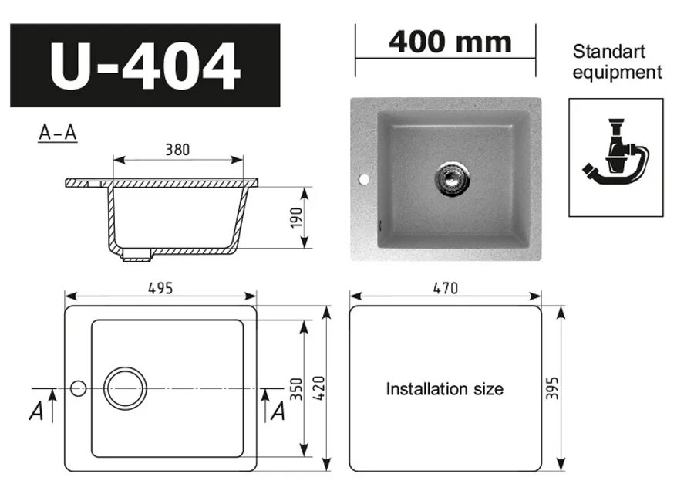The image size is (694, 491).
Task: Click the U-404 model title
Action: pos(145,66)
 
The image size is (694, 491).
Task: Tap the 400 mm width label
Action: pos(450,42)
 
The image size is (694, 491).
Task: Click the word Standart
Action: pos(608,52)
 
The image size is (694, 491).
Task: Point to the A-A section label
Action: pos(58,133)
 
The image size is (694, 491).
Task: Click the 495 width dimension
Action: pos(160,287)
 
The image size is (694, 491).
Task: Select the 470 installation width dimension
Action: pos(445,288)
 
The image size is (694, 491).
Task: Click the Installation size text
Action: pos(444,389)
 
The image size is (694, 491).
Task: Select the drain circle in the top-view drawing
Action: pos(125,388)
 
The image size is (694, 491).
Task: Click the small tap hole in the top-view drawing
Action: pos(78,388)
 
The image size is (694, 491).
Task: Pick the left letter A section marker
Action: pos(35,412)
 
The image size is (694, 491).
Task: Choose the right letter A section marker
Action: pos(278,412)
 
